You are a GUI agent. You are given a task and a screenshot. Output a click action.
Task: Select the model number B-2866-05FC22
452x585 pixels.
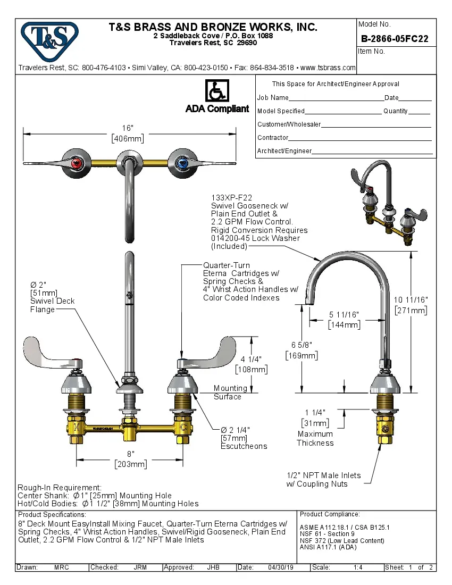pos(395,39)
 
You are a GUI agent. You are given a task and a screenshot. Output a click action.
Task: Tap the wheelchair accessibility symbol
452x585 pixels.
pos(217,91)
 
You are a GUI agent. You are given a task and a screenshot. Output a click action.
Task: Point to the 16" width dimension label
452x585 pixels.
pos(127,128)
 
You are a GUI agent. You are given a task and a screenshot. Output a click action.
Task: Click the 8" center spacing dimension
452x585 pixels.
pos(130,454)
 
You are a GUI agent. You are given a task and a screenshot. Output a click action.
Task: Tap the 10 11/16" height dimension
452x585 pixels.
pos(411,300)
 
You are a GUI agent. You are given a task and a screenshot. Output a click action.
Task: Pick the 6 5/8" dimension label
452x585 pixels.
pos(301,346)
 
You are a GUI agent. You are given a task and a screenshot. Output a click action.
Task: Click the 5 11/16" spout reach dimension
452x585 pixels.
pos(344,315)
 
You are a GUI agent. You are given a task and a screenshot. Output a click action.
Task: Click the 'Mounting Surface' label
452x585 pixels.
pos(230,392)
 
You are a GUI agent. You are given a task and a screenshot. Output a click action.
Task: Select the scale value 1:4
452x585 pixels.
pos(358,567)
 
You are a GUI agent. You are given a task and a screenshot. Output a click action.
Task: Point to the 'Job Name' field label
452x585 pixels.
pos(273,98)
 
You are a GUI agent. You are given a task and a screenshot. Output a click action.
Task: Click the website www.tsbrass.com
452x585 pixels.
pos(328,68)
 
